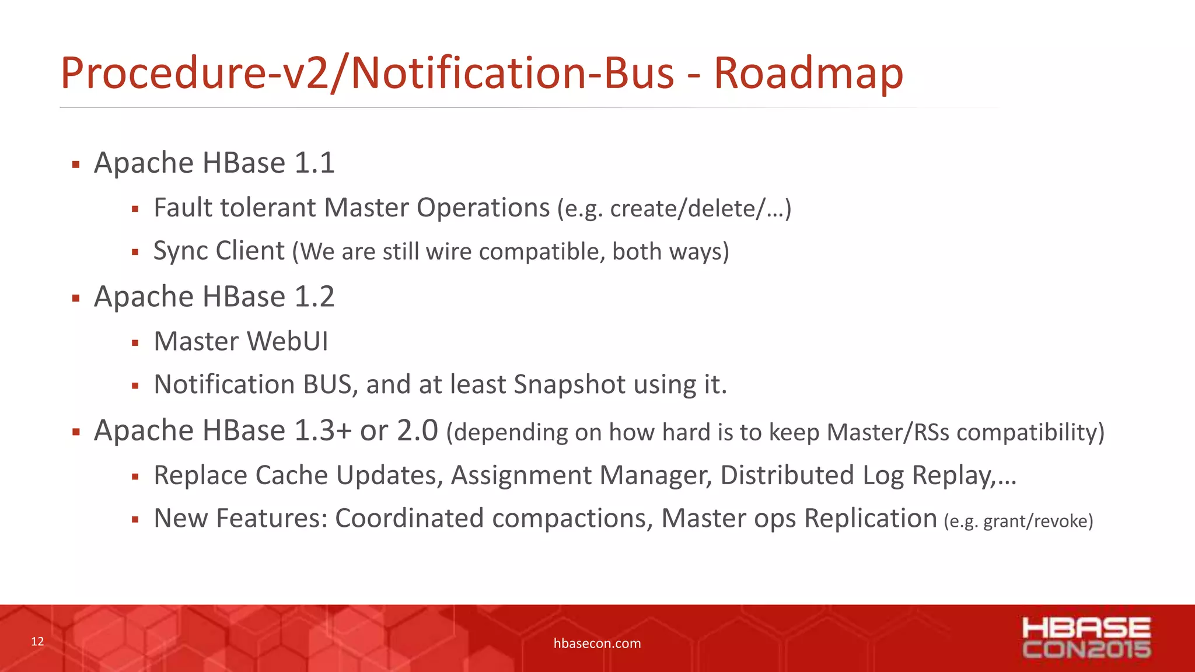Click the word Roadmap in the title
pos(808,73)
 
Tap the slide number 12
pos(37,642)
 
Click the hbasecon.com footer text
pos(597,643)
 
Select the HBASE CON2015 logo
pos(1086,638)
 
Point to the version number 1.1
pos(315,163)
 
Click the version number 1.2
pos(315,296)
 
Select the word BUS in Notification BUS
pos(327,385)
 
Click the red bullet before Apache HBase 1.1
pos(76,164)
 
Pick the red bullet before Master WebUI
pos(135,343)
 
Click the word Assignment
pos(521,475)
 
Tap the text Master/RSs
pos(887,432)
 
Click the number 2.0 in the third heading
pos(417,430)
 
